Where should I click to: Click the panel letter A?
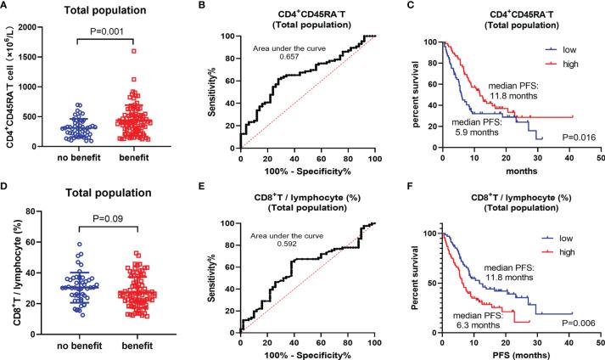pos(6,7)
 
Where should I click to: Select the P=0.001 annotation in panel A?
pos(112,38)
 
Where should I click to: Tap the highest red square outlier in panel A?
pos(133,51)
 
